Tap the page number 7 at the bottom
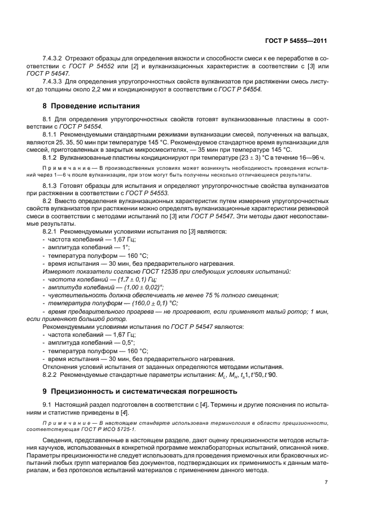[326, 482]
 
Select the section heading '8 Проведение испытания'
[91, 105]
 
